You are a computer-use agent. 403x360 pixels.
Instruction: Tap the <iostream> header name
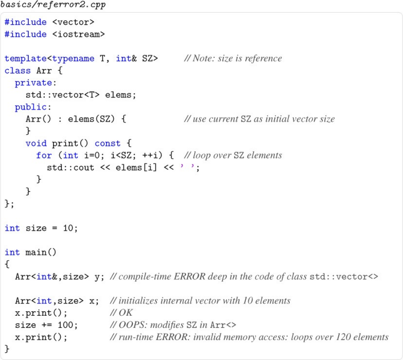click(x=81, y=34)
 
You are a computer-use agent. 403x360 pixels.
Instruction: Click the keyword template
click(x=26, y=59)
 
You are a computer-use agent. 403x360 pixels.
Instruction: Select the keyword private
click(x=33, y=83)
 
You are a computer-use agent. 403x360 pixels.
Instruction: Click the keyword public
click(x=31, y=107)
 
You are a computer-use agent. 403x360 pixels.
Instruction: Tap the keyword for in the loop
click(x=44, y=155)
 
